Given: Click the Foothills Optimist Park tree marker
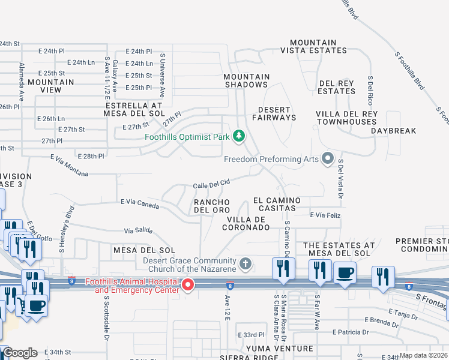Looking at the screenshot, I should click(239, 136).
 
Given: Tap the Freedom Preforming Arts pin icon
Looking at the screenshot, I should click(327, 159).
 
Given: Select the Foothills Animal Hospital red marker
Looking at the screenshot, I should click(188, 286).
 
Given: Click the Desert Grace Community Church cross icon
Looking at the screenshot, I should click(245, 263).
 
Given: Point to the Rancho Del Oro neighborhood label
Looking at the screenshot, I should click(212, 205).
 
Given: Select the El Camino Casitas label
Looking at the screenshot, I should click(274, 203).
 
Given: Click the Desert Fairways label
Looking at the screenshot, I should click(277, 113).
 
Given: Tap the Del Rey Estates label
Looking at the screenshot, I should click(337, 87).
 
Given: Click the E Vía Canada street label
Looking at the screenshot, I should click(139, 204).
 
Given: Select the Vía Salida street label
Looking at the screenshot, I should click(138, 230).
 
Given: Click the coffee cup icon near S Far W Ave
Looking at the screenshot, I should click(345, 274).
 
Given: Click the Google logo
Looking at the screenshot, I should click(20, 353).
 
